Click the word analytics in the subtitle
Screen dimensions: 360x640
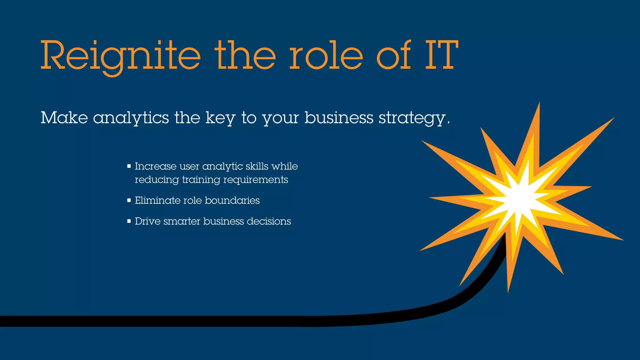coord(131,118)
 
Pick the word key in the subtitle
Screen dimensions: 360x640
coord(220,118)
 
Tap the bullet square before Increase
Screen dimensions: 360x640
coord(129,166)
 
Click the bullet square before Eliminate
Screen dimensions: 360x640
coord(129,200)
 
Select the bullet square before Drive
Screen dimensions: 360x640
coord(129,221)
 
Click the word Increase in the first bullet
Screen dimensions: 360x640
coord(155,166)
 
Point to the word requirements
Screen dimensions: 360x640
coord(255,180)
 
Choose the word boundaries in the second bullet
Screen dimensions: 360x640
coord(232,200)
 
